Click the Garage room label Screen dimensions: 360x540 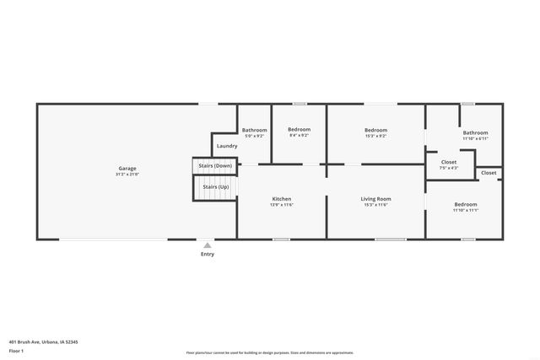click(127, 168)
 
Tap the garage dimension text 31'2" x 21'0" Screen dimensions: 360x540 click(127, 175)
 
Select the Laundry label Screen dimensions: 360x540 click(226, 146)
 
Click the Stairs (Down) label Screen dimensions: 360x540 click(214, 166)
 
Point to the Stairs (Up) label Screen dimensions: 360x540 click(213, 186)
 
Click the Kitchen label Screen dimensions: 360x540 click(282, 199)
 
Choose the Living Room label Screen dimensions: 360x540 click(375, 199)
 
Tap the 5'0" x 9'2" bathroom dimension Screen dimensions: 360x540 click(254, 136)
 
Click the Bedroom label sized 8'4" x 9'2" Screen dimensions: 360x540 click(299, 130)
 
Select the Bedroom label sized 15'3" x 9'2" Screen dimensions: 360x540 click(375, 130)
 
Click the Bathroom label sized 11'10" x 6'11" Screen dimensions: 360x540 click(475, 132)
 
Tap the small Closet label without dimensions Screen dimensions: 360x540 click(489, 173)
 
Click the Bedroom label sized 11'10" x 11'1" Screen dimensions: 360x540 click(465, 204)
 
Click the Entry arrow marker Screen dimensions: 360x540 click(208, 244)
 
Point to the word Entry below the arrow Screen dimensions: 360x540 click(208, 254)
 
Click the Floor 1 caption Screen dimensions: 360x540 click(17, 351)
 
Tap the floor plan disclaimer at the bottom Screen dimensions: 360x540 click(269, 352)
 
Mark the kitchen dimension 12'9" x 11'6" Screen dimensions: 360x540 click(282, 205)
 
